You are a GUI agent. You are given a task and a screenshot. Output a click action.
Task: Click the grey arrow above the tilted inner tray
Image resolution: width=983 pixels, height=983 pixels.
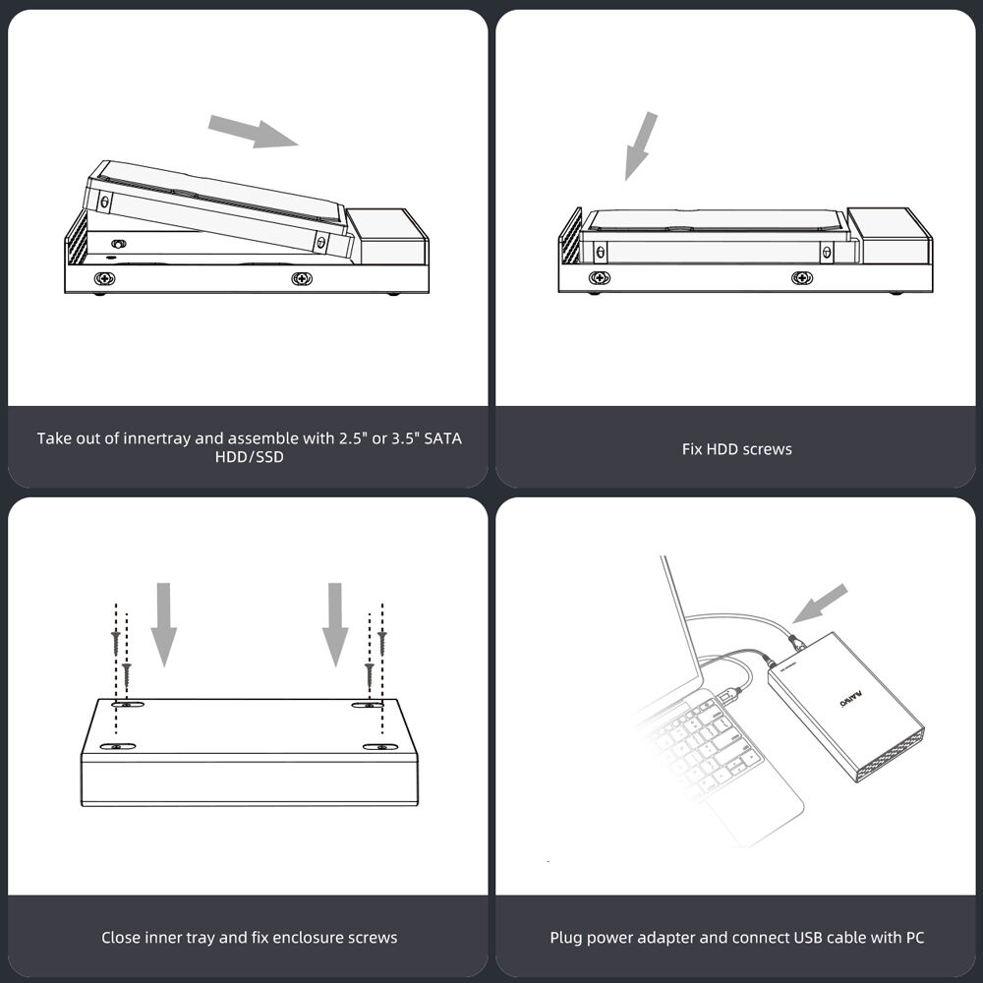pyautogui.click(x=253, y=131)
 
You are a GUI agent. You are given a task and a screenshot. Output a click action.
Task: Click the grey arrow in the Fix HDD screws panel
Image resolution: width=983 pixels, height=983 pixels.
pyautogui.click(x=641, y=145)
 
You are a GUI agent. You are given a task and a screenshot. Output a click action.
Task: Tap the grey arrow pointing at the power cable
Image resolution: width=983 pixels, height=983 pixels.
pyautogui.click(x=820, y=604)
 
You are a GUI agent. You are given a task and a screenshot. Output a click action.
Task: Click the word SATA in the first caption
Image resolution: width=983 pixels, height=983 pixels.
pyautogui.click(x=442, y=438)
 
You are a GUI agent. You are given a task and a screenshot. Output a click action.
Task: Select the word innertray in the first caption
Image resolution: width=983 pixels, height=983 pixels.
pyautogui.click(x=156, y=438)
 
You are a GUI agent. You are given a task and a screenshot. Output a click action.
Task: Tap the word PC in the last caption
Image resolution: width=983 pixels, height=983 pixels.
pyautogui.click(x=915, y=937)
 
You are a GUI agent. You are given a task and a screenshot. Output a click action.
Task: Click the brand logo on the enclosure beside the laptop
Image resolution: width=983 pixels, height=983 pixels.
pyautogui.click(x=850, y=700)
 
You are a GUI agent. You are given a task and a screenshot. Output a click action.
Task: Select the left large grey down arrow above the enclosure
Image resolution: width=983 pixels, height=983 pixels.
pyautogui.click(x=163, y=624)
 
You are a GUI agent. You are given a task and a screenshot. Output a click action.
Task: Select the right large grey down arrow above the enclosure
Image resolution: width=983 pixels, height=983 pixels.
pyautogui.click(x=335, y=624)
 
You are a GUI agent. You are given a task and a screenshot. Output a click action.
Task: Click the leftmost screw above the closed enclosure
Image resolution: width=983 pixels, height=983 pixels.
pyautogui.click(x=116, y=643)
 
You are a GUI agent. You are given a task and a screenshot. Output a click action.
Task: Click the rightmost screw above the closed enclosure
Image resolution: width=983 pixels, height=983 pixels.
pyautogui.click(x=382, y=643)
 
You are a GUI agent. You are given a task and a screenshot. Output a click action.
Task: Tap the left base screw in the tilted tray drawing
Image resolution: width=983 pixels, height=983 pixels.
pyautogui.click(x=105, y=278)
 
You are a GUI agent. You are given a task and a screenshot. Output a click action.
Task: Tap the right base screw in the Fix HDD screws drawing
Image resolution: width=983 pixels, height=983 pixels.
pyautogui.click(x=802, y=278)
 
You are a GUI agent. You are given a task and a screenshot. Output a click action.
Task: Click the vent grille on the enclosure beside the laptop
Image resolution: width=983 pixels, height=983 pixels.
pyautogui.click(x=891, y=754)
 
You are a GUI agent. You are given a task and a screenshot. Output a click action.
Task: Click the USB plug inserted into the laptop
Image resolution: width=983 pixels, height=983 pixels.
pyautogui.click(x=731, y=693)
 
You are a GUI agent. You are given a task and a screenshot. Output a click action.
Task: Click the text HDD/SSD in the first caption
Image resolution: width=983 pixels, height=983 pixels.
pyautogui.click(x=250, y=457)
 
